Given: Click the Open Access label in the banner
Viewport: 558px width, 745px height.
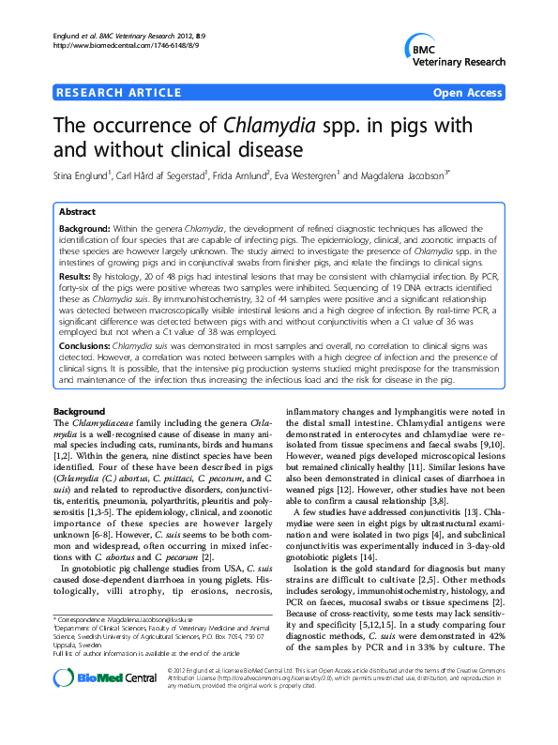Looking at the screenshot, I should (468, 93).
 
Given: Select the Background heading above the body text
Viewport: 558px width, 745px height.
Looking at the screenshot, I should (79, 412).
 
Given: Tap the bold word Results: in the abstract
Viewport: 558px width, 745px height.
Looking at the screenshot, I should (75, 279).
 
